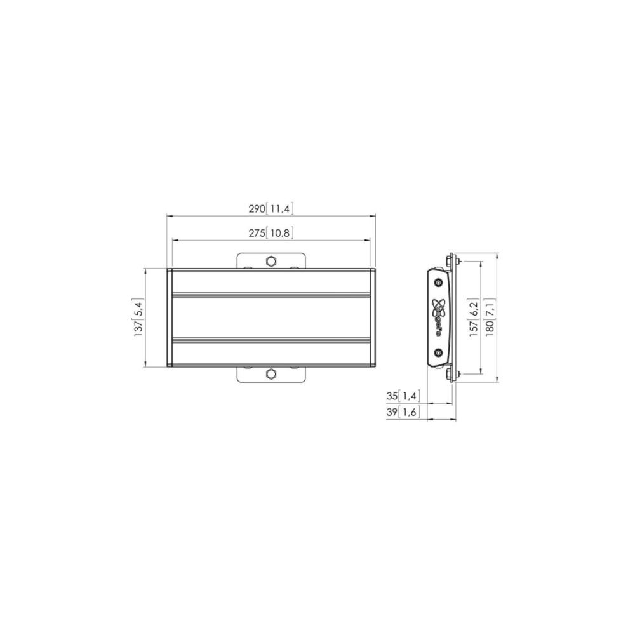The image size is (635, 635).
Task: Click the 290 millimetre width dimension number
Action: pos(257,209)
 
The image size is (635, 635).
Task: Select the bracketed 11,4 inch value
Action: pos(280,209)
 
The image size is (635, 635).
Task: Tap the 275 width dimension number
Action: pos(257,233)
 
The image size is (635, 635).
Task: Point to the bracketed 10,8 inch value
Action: pos(280,233)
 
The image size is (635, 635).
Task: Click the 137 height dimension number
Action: pos(138,329)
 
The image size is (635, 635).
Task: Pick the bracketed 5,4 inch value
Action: pos(138,309)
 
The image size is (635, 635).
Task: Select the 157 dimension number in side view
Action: pos(474,329)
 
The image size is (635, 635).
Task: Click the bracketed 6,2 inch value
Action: pos(474,309)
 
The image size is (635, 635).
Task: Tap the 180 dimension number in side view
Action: pos(490,329)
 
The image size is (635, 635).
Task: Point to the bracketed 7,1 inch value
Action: pos(490,309)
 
